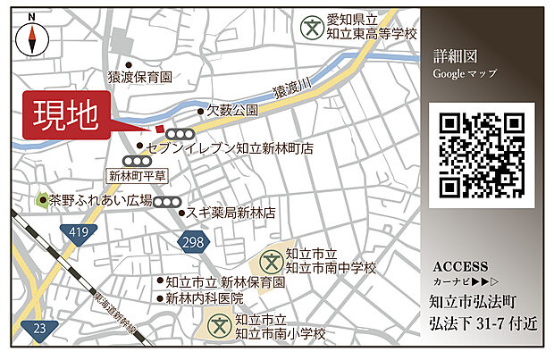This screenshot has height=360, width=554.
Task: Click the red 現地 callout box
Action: [x=66, y=115]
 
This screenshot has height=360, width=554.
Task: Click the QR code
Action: [x=482, y=155]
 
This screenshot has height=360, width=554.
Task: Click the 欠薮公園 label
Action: [x=232, y=111]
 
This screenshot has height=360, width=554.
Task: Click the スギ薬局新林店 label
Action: [x=231, y=213]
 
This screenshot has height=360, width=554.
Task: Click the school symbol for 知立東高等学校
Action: [x=312, y=27]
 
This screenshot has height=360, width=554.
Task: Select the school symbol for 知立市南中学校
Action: [x=271, y=261]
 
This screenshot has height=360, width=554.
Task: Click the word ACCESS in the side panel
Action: [x=460, y=266]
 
